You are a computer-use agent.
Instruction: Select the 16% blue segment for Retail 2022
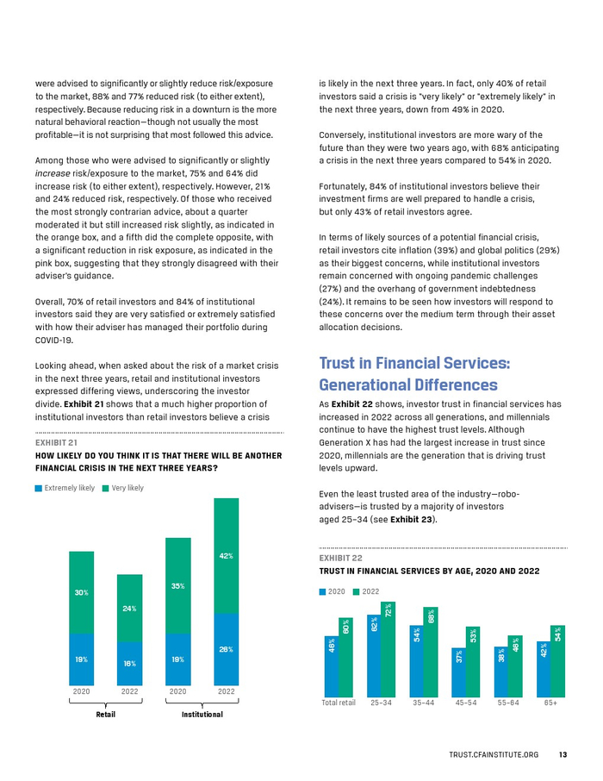pyautogui.click(x=129, y=663)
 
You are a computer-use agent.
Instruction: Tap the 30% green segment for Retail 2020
pyautogui.click(x=81, y=592)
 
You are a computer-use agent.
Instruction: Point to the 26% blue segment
pyautogui.click(x=227, y=648)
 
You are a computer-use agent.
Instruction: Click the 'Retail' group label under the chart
pyautogui.click(x=105, y=714)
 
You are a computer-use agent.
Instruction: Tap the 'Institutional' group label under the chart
pyautogui.click(x=202, y=714)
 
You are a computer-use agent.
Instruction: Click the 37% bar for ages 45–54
pyautogui.click(x=459, y=672)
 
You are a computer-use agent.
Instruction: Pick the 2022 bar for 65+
pyautogui.click(x=557, y=660)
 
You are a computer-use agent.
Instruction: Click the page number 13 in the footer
pyautogui.click(x=562, y=754)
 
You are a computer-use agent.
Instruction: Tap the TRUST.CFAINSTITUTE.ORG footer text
pyautogui.click(x=494, y=754)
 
